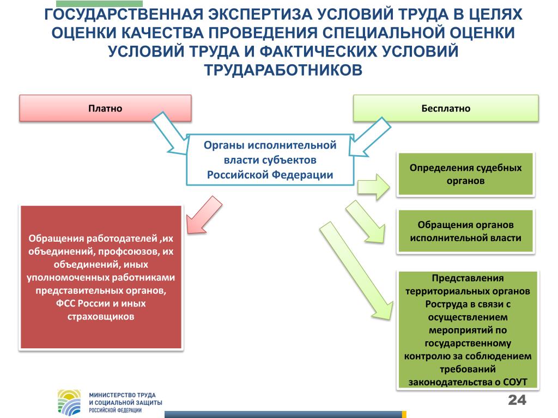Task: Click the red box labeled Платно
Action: (105, 108)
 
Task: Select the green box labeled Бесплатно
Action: (446, 108)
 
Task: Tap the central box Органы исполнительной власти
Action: (270, 160)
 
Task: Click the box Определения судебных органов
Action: (465, 174)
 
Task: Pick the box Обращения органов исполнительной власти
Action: (465, 231)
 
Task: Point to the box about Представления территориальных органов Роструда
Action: (468, 330)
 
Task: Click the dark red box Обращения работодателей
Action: (101, 277)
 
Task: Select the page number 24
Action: (517, 400)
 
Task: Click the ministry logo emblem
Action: (69, 402)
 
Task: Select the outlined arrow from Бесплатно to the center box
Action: (369, 137)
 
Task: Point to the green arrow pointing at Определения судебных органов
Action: (374, 187)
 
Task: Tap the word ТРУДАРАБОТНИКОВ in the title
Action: (283, 70)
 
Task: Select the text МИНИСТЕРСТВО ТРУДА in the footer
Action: (123, 395)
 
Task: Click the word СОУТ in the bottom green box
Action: (515, 382)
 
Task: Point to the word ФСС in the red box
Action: (65, 304)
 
